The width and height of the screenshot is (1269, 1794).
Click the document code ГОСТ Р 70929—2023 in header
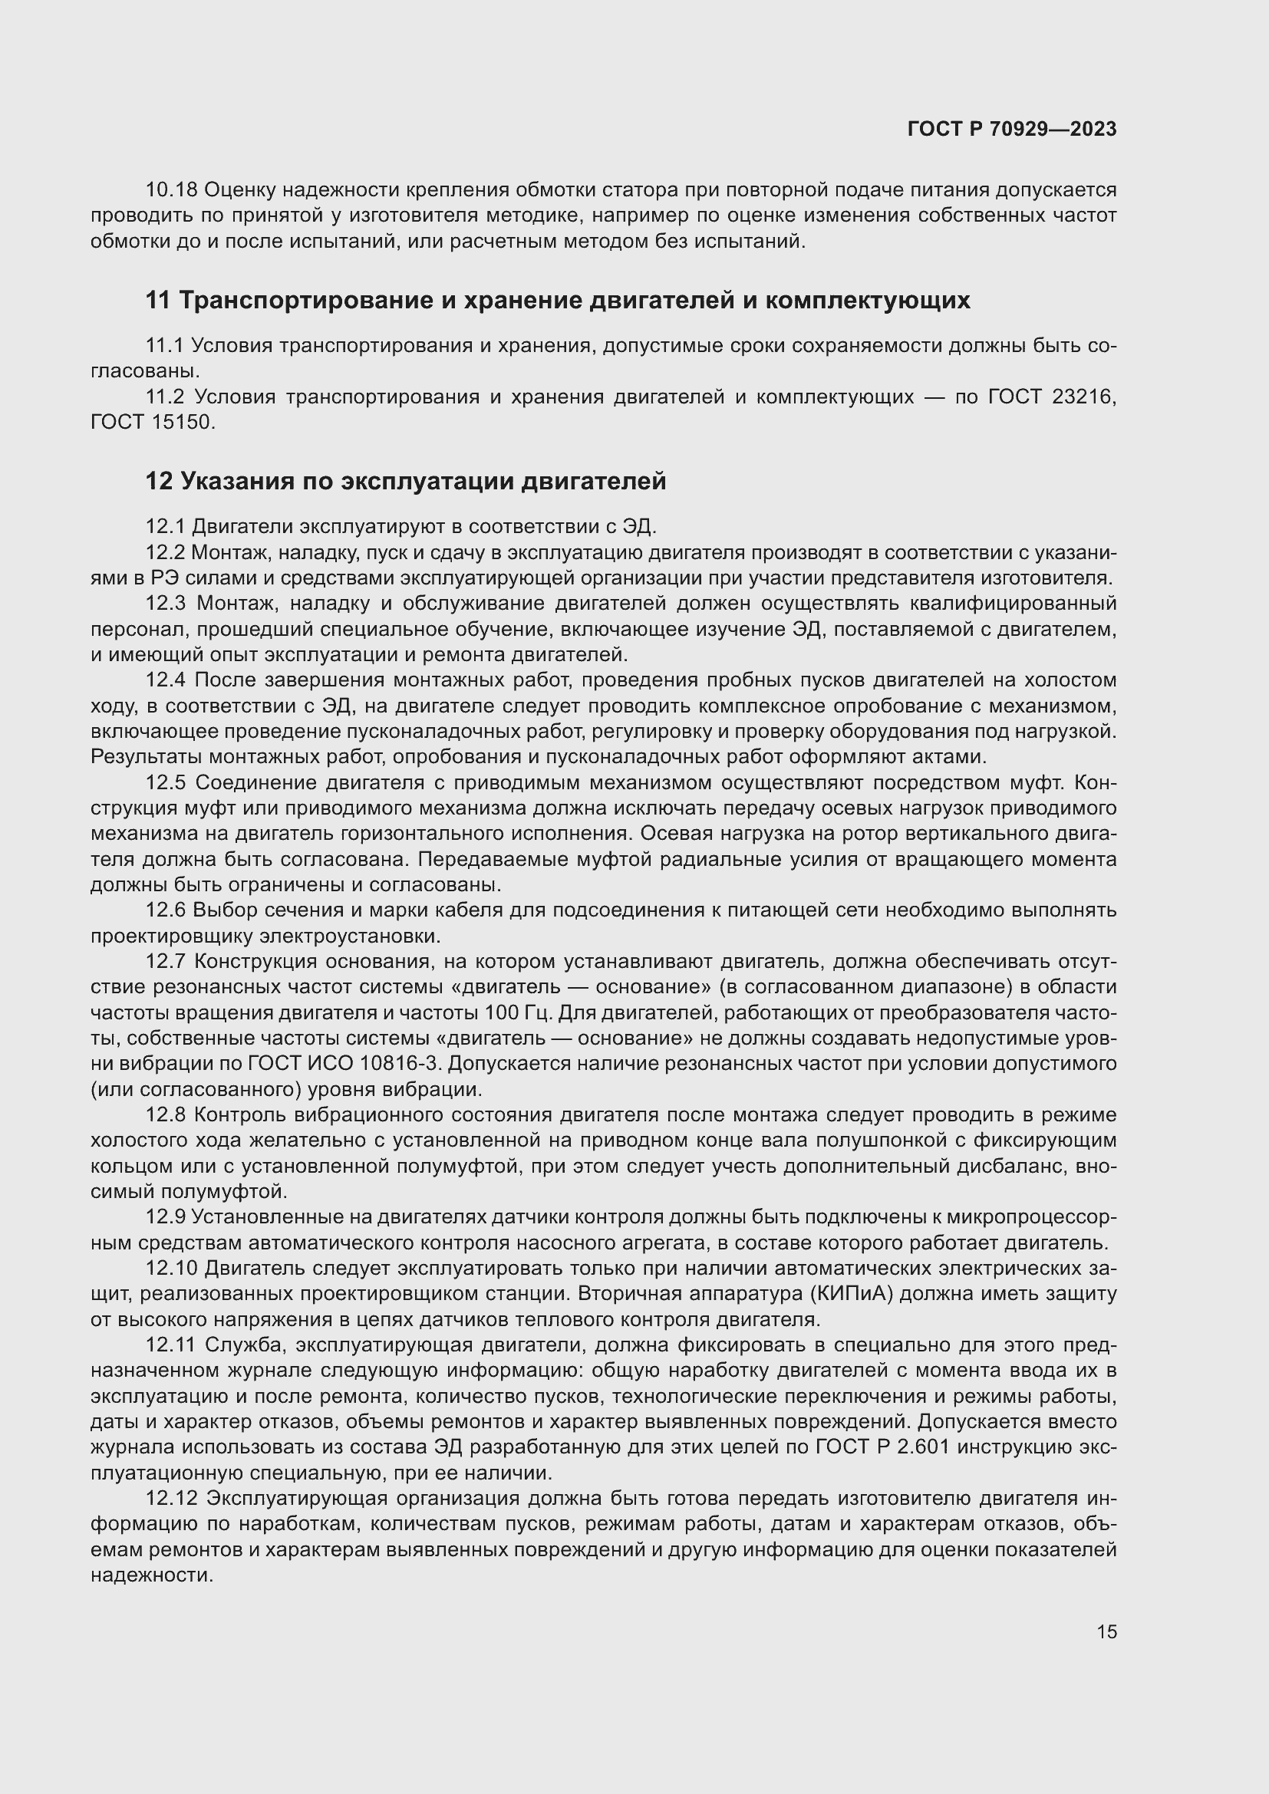1012,129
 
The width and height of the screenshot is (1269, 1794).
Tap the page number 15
1106,1631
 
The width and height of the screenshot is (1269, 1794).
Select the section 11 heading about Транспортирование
558,300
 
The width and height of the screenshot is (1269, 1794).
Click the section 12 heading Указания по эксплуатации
406,482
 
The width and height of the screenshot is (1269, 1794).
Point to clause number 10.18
172,190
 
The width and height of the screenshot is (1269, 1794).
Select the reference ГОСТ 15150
151,423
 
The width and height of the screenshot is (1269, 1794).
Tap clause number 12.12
172,1499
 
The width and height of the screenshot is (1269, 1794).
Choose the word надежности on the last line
151,1575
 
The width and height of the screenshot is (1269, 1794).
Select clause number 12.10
172,1268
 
